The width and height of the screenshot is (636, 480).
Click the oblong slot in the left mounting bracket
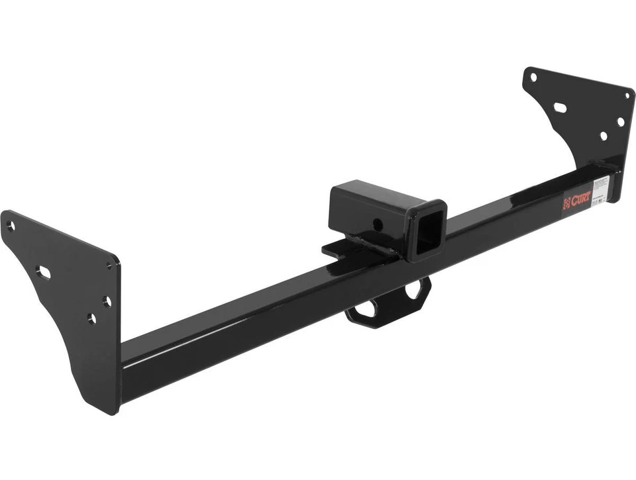[44, 271]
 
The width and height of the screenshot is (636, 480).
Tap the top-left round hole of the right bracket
[533, 77]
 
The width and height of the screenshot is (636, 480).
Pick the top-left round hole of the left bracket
[11, 226]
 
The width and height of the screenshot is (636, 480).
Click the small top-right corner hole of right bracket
[626, 95]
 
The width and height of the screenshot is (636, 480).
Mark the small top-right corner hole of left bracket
[110, 265]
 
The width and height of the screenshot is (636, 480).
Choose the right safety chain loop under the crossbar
[415, 289]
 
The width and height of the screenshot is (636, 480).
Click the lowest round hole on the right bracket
[604, 136]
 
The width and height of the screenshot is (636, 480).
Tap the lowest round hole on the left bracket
[91, 319]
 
